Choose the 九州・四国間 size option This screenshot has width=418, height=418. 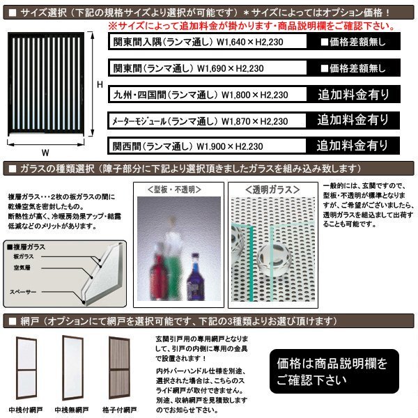(x=199, y=95)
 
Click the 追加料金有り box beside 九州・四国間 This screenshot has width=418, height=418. (x=353, y=94)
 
